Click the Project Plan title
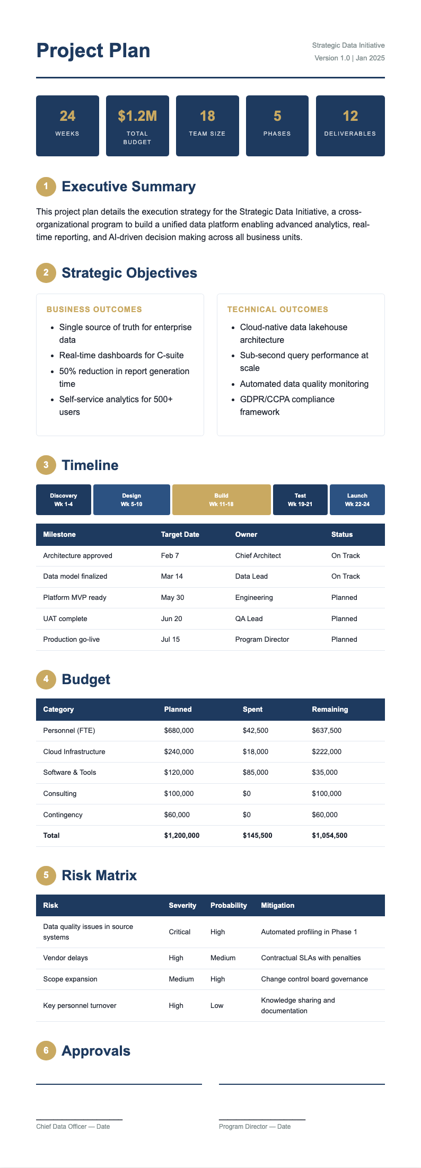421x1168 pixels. coord(93,51)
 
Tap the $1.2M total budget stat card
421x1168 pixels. coord(137,126)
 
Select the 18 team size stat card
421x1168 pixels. coord(207,126)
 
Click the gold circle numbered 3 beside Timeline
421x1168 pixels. coord(46,465)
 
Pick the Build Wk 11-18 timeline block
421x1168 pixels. coord(221,500)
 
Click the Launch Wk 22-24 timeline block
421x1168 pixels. coord(357,500)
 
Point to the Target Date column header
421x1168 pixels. coord(180,534)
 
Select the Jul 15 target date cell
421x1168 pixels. coord(170,639)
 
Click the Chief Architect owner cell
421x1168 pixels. coord(258,555)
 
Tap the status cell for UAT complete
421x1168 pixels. coord(344,618)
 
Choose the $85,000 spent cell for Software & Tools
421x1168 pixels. coord(256,772)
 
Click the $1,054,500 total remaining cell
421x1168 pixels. coord(329,835)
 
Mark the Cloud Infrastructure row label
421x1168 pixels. coord(74,751)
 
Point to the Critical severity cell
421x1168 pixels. coord(179,932)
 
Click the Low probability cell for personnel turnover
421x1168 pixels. coord(217,1005)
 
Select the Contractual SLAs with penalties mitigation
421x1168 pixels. coord(311,958)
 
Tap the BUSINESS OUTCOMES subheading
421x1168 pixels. coord(94,309)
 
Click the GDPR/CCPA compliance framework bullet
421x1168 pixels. coord(287,405)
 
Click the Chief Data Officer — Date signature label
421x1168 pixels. coord(73,1126)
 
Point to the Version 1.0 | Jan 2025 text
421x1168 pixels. coord(349,58)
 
